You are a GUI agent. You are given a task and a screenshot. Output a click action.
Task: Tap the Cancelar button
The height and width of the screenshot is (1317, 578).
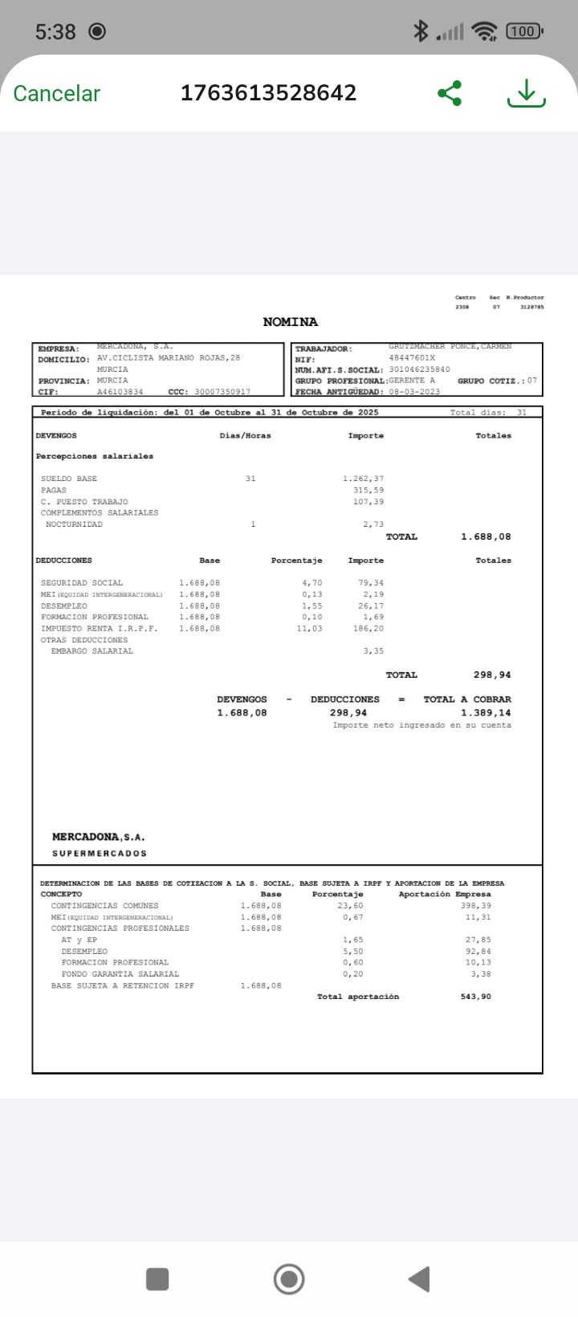point(56,93)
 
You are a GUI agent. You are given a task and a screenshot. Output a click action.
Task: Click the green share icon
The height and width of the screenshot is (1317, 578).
point(450,93)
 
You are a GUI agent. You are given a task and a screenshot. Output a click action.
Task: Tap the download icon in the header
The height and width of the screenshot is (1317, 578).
point(526,93)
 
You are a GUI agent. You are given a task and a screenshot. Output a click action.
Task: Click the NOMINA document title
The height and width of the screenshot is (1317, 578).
point(290,322)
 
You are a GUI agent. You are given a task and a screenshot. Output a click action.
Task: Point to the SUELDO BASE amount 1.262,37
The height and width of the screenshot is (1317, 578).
point(363,479)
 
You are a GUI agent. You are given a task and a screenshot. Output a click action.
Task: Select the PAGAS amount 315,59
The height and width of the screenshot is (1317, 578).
point(368,490)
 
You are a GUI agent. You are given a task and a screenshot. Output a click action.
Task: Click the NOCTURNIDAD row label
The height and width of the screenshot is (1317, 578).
point(74,524)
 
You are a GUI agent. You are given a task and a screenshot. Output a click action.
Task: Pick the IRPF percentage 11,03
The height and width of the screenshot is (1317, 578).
point(309,629)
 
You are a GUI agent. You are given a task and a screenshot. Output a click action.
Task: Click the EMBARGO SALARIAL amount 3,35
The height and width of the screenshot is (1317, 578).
point(373,651)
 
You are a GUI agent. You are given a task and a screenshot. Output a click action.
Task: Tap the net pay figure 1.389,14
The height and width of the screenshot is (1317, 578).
point(486,713)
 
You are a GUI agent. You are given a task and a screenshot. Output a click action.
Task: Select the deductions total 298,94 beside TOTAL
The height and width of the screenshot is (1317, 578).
point(492,675)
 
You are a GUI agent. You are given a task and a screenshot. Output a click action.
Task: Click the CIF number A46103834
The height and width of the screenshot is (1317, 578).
point(120,392)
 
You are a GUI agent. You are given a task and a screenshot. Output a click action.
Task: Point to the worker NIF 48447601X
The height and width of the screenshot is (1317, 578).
point(412,358)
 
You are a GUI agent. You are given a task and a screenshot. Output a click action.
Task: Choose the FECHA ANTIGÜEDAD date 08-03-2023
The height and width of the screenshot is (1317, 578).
point(414,392)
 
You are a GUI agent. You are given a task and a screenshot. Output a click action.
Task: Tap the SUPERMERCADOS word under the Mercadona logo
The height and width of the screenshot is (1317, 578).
point(100,854)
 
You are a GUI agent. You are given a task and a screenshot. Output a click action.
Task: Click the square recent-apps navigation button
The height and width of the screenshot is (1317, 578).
point(157,1278)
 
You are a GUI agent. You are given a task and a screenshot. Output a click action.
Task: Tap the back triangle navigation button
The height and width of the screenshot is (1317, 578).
point(419,1278)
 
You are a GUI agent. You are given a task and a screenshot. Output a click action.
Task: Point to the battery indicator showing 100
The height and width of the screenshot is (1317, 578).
point(523,31)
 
